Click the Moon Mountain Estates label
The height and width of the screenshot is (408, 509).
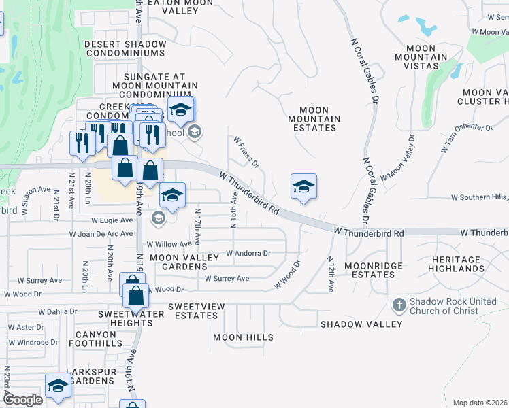pyautogui.click(x=314, y=119)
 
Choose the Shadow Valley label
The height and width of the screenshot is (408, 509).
pyautogui.click(x=361, y=324)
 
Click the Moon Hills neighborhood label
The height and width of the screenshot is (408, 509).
pyautogui.click(x=243, y=337)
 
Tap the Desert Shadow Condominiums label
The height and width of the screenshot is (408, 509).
pyautogui.click(x=125, y=49)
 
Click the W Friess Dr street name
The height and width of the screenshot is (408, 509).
pyautogui.click(x=246, y=152)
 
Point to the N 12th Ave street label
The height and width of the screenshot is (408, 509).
pyautogui.click(x=330, y=274)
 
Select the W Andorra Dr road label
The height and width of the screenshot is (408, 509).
pyautogui.click(x=248, y=253)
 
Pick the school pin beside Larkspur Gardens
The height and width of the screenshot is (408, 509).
pyautogui.click(x=59, y=386)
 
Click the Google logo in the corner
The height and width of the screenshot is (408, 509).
pyautogui.click(x=22, y=400)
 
